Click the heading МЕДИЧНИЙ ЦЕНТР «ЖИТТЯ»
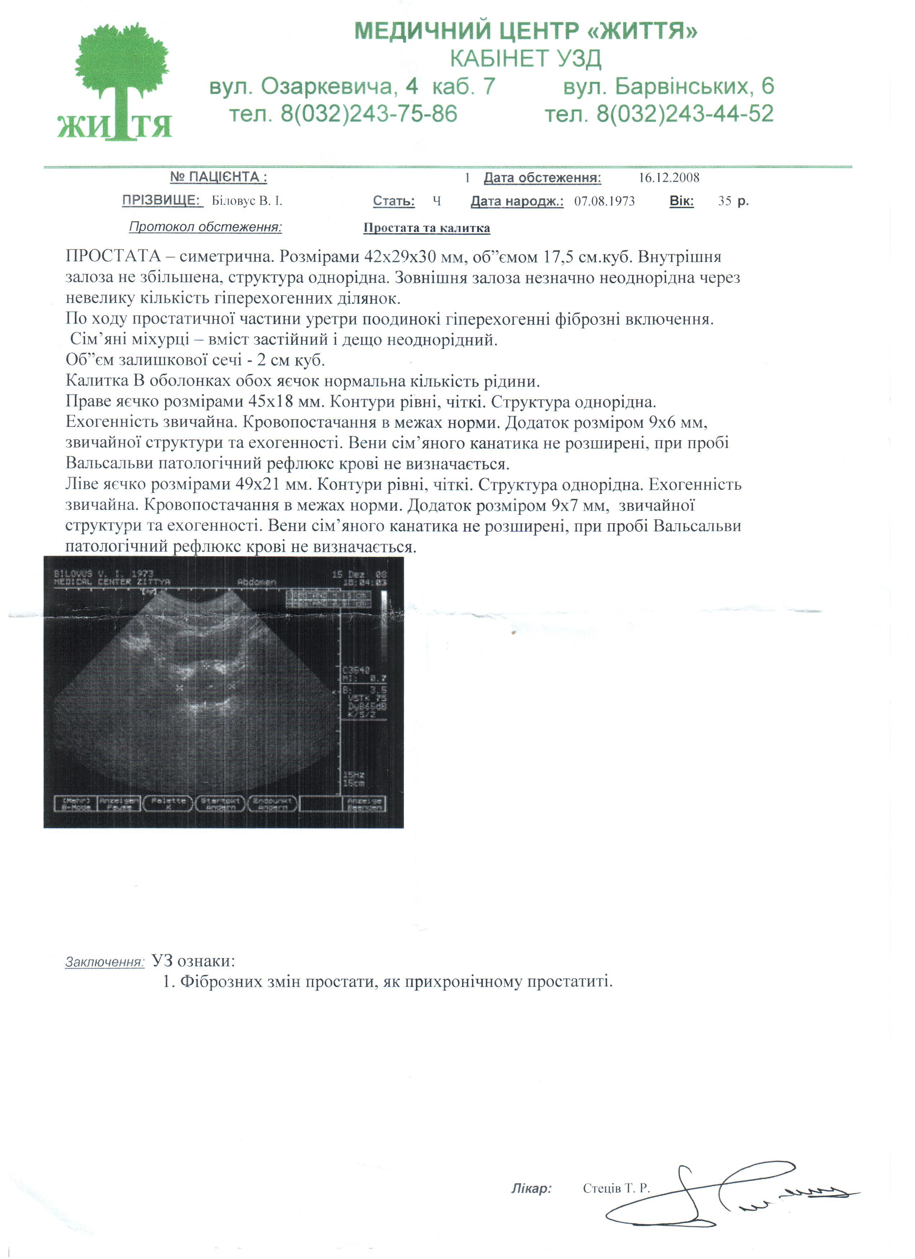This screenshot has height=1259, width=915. point(525,31)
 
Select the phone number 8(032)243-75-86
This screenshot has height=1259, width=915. point(369,114)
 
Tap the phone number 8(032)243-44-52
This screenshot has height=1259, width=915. point(684,114)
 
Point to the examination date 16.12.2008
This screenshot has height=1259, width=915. point(668,177)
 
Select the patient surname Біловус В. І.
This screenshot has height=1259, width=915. point(247,201)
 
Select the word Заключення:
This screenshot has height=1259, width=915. point(104,962)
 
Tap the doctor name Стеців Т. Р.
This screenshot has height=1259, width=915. point(615,1188)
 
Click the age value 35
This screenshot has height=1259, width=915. point(724,201)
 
